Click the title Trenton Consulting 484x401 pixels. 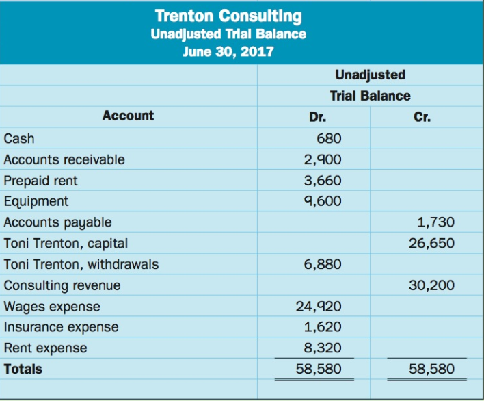pos(228,16)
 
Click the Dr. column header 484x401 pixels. pos(317,117)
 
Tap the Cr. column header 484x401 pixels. pos(422,117)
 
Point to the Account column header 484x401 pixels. pos(128,116)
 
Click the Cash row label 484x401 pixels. pos(19,139)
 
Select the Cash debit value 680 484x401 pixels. pos(329,139)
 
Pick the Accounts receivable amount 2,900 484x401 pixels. pos(322,160)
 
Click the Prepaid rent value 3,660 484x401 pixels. pos(322,181)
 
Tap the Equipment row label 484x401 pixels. pos(36,201)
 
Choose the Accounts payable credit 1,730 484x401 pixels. pos(435,222)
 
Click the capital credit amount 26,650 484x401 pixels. pos(431,243)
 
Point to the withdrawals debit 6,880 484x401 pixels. pos(322,264)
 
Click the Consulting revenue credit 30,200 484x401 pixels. pos(431,285)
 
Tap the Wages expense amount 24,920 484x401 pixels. pos(319,307)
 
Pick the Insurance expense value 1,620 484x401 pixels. pos(322,327)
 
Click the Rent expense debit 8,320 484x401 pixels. pos(322,348)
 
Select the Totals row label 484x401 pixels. pos(23,369)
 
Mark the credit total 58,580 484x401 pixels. pos(431,369)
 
